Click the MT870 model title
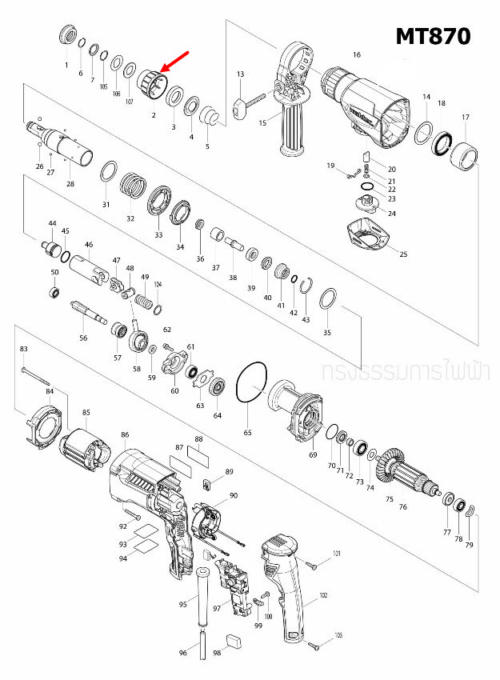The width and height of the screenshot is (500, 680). [433, 36]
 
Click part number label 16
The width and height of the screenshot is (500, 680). [356, 55]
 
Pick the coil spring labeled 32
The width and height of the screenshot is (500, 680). [134, 190]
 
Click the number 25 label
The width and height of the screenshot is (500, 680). [403, 254]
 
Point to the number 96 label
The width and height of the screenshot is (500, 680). [182, 654]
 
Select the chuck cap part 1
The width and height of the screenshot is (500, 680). [66, 37]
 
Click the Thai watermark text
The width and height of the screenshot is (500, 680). [408, 372]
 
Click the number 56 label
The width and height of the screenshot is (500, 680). [83, 338]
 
